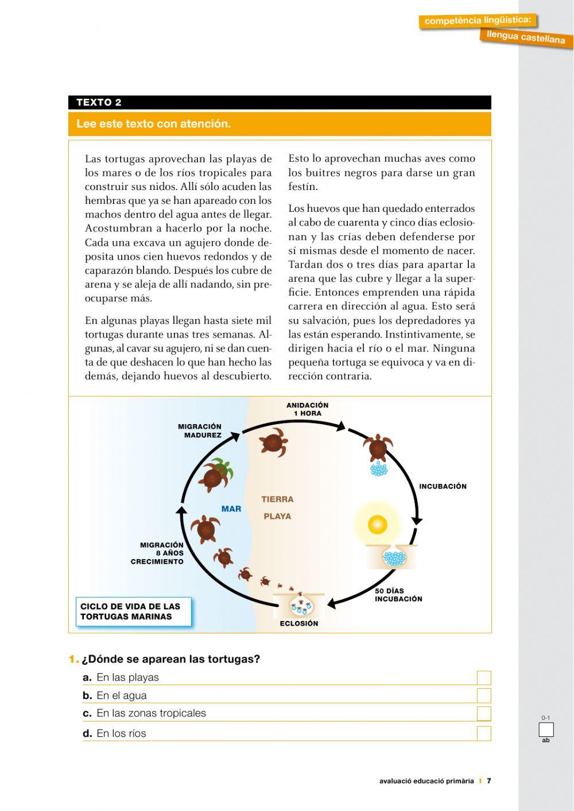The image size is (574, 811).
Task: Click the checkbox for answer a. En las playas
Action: (x=484, y=678)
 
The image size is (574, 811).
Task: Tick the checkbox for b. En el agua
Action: (x=484, y=696)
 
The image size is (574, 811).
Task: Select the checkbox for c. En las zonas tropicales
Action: (x=484, y=713)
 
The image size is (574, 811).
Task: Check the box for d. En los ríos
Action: (x=484, y=734)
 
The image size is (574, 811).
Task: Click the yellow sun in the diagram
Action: (x=377, y=524)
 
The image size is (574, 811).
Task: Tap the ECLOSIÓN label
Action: (x=298, y=623)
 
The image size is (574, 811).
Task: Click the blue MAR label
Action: (x=231, y=509)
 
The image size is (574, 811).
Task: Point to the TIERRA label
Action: (x=277, y=499)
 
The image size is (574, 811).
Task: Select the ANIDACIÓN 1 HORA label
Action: (x=308, y=409)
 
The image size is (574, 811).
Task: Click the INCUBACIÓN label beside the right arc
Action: (x=443, y=486)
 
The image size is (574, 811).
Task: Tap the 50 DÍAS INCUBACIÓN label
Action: (x=398, y=595)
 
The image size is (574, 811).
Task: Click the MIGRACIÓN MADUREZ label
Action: (x=199, y=430)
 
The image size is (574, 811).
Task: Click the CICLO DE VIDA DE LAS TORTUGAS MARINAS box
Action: (x=133, y=611)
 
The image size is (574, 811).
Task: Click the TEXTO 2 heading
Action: (x=99, y=103)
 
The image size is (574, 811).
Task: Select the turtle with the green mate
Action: (x=216, y=475)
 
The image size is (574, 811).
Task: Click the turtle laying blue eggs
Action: (x=378, y=451)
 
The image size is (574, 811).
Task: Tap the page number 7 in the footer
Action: (x=489, y=781)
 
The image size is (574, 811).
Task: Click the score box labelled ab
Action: (x=546, y=730)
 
